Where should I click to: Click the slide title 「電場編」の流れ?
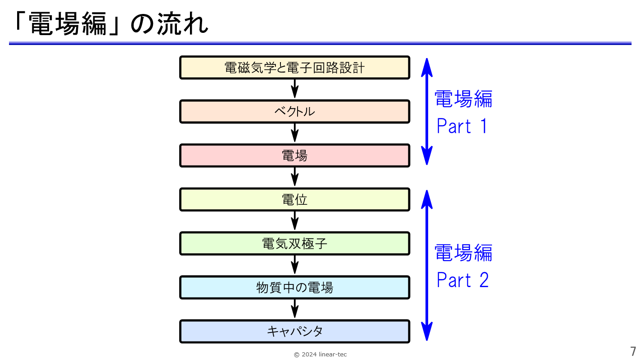click(x=111, y=24)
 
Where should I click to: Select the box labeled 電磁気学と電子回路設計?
click(x=295, y=67)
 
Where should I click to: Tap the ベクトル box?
click(x=295, y=112)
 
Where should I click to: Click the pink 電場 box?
click(x=295, y=156)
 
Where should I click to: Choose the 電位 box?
click(x=295, y=199)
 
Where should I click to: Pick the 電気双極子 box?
click(x=295, y=243)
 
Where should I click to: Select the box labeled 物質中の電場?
click(x=295, y=288)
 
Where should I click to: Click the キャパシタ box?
click(x=295, y=331)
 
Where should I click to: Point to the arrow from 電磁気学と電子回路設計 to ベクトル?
click(x=295, y=89)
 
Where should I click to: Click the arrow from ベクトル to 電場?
click(x=295, y=133)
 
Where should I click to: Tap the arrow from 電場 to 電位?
click(x=295, y=177)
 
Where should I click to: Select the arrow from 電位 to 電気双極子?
click(x=295, y=221)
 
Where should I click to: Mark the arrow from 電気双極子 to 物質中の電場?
click(x=295, y=265)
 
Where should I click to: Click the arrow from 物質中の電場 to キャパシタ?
click(x=295, y=309)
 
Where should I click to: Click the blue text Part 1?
click(x=462, y=126)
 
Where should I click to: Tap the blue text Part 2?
click(x=462, y=279)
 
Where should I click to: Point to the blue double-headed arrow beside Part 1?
click(x=427, y=112)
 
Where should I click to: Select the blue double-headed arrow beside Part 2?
click(x=427, y=265)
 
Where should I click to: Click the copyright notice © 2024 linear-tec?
click(x=320, y=355)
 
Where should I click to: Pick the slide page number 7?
click(x=633, y=351)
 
